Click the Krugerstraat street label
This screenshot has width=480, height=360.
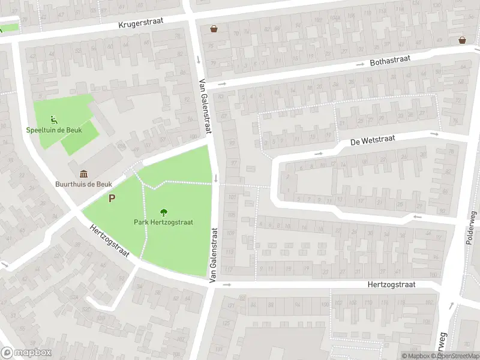point(145,24)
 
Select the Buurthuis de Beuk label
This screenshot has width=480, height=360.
point(83,184)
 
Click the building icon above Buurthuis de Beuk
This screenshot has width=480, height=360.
point(82,173)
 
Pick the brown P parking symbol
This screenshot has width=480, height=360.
point(112,198)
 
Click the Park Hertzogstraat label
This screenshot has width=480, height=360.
point(163,221)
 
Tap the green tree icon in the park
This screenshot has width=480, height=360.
point(163,211)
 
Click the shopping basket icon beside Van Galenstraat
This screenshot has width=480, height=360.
point(213,28)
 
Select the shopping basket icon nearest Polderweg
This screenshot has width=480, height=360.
point(463,40)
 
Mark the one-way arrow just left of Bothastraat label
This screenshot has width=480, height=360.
point(360,64)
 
